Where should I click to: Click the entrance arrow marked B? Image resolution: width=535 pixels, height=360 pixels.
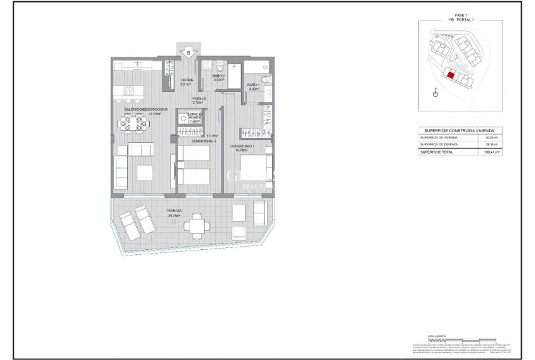click(x=188, y=53)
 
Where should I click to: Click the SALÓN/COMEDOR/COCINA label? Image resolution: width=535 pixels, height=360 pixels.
click(x=143, y=110)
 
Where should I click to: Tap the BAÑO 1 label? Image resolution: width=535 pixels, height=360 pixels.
click(x=253, y=85)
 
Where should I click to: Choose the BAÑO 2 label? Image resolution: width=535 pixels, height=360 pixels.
click(x=219, y=76)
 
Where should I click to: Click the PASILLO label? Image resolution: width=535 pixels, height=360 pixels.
click(x=200, y=98)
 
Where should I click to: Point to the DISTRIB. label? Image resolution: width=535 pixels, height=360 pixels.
click(x=187, y=80)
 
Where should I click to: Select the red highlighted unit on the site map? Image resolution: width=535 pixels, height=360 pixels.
click(x=451, y=74)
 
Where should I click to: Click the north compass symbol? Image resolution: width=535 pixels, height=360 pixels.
click(x=435, y=93)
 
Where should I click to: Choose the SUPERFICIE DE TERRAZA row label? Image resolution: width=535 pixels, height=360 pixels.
click(x=440, y=144)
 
